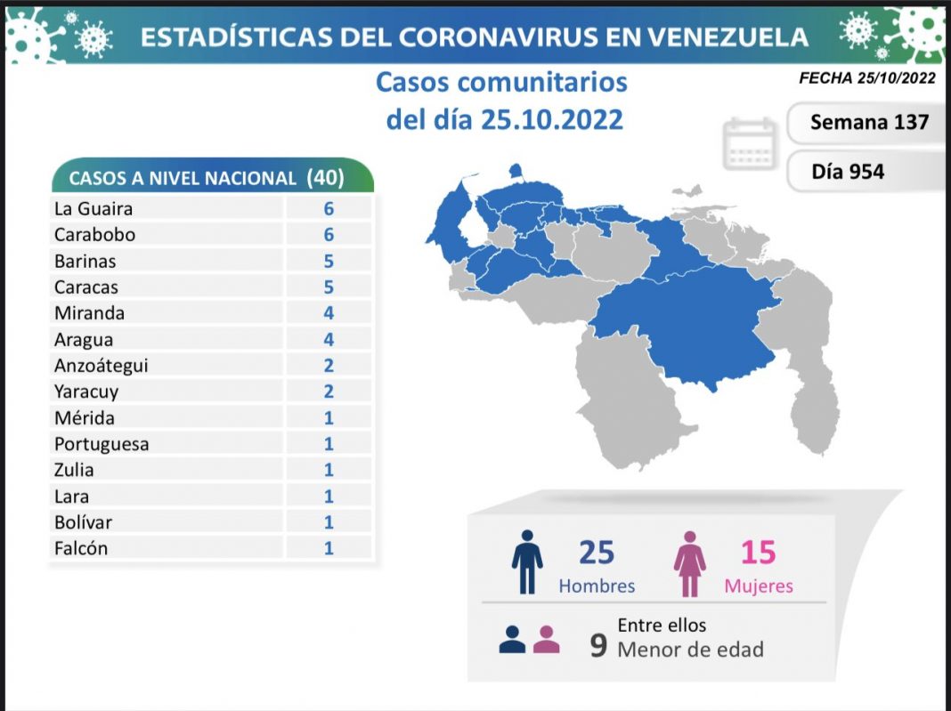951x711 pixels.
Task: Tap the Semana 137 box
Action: [868, 122]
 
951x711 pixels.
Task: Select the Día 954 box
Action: [848, 172]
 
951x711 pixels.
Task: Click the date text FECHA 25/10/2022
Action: [866, 78]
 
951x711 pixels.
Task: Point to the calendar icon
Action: [750, 144]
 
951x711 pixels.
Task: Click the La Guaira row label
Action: [93, 208]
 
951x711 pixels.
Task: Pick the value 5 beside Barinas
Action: [329, 261]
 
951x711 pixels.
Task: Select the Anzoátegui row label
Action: [101, 365]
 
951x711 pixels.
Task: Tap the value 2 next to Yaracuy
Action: [329, 391]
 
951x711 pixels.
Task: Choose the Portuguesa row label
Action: [102, 443]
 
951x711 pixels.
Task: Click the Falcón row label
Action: [80, 548]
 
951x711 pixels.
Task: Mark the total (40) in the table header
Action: [324, 177]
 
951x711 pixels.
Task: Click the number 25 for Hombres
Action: [597, 553]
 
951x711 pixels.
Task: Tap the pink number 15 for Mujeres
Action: [759, 553]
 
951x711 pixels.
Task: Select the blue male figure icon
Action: [527, 562]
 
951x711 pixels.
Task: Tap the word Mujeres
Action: [759, 586]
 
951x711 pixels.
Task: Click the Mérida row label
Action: [85, 417]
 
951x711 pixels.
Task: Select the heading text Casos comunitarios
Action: [501, 83]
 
